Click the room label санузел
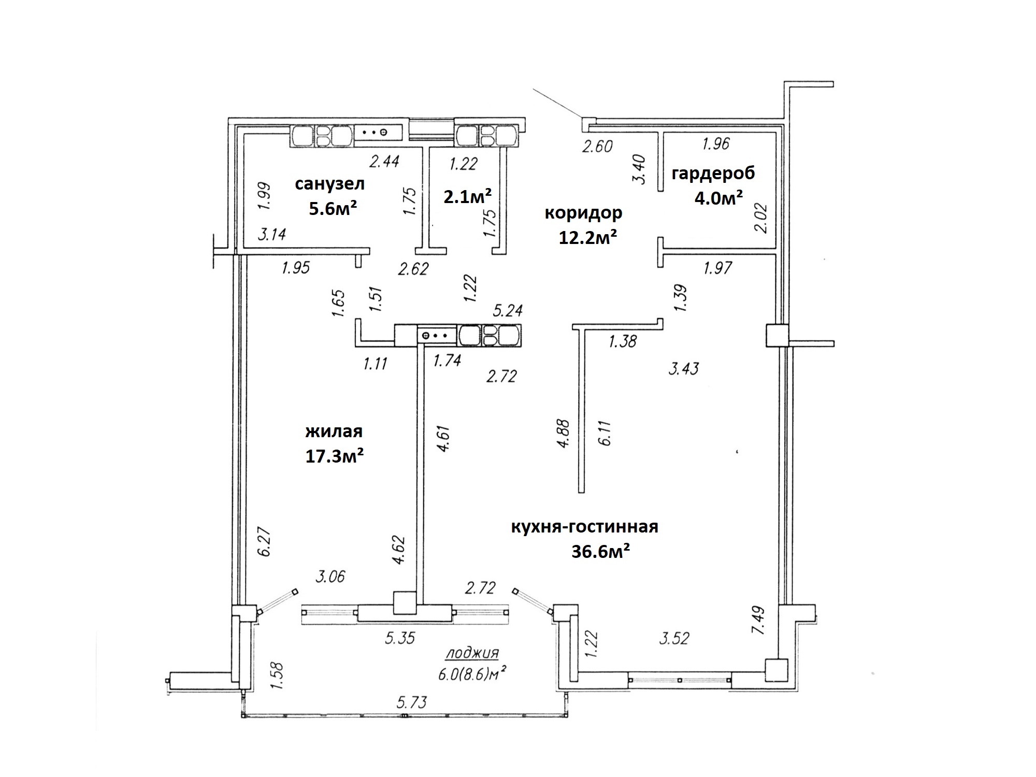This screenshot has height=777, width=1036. coord(330,183)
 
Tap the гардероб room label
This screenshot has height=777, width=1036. coord(713,173)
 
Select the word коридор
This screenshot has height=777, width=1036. coord(583,212)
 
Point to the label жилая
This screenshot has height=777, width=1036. coord(334,431)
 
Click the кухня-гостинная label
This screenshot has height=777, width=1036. coord(585,526)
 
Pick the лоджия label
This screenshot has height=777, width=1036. coord(472,653)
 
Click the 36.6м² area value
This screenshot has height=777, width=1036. coord(601,552)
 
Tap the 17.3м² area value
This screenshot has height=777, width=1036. coord(334,456)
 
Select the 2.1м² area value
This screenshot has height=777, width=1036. coord(468,196)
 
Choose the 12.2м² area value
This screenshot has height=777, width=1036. coord(588,237)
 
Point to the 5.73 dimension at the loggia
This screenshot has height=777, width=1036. coord(412,702)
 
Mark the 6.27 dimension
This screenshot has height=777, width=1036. coord(265,542)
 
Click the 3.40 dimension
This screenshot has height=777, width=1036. coord(640,169)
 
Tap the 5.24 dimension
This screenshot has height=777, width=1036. coord(508,310)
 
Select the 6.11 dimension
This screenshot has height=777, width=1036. coord(606,433)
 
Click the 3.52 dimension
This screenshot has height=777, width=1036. coord(674,638)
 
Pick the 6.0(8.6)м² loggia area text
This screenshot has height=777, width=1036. coord(472,674)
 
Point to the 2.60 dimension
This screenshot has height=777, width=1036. coord(597,147)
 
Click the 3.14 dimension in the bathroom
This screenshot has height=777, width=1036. coord(272,234)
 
